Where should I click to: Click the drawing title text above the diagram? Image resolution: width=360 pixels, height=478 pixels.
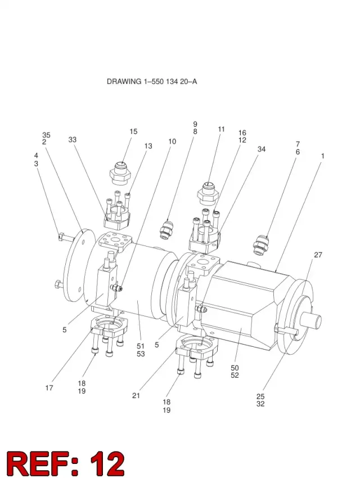[152, 82]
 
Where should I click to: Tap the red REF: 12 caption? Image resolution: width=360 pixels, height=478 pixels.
[66, 462]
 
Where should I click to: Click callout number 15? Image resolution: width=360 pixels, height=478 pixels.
[133, 131]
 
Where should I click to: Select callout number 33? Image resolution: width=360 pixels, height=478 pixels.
[72, 140]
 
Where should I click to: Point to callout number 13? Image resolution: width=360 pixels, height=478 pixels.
[148, 146]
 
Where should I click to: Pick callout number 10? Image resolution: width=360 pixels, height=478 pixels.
[172, 141]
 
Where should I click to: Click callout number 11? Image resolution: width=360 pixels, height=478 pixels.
[221, 129]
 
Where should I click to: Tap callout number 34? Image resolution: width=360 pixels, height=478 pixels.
[262, 149]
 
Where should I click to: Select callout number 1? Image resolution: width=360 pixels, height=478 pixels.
[322, 156]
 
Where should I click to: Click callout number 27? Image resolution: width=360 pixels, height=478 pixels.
[318, 255]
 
